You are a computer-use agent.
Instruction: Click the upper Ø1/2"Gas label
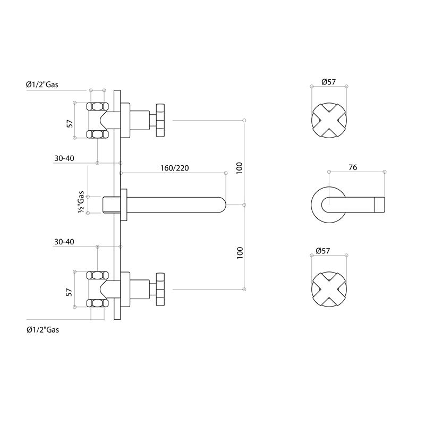pyautogui.click(x=42, y=84)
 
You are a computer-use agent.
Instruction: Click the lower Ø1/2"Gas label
pyautogui.click(x=42, y=329)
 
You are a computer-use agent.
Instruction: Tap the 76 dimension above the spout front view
pyautogui.click(x=352, y=167)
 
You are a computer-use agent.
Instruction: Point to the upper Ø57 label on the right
pyautogui.click(x=328, y=82)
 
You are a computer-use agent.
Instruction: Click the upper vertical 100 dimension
pyautogui.click(x=240, y=168)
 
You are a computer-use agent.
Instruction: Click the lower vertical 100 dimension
pyautogui.click(x=240, y=253)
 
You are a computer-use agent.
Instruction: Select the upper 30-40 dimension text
pyautogui.click(x=64, y=158)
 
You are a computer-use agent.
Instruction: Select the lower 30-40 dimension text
pyautogui.click(x=64, y=242)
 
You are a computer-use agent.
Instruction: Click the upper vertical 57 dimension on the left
pyautogui.click(x=69, y=123)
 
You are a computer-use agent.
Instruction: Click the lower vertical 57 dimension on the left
pyautogui.click(x=69, y=292)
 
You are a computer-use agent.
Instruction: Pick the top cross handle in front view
pyautogui.click(x=328, y=120)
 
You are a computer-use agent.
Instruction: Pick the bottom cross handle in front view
pyautogui.click(x=328, y=288)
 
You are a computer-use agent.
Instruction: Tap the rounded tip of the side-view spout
pyautogui.click(x=221, y=205)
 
